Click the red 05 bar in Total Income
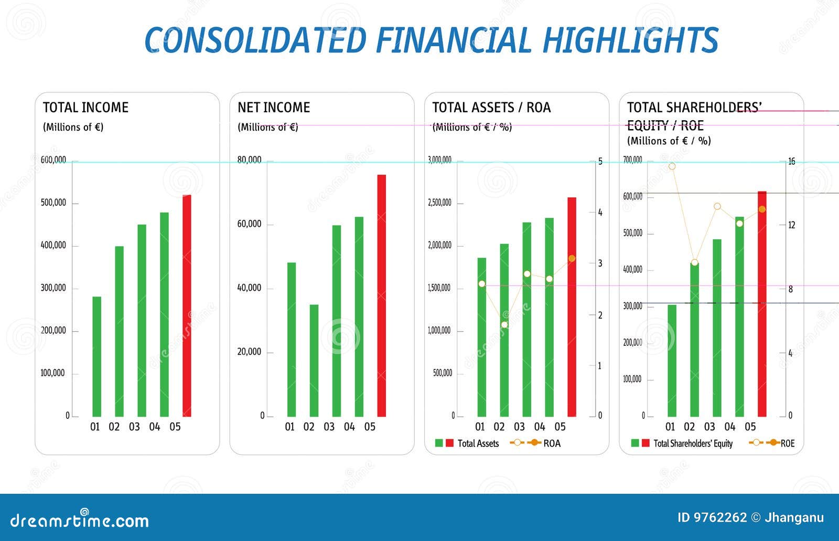click(187, 306)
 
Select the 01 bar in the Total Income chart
click(96, 357)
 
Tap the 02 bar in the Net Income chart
click(314, 360)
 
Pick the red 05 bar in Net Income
click(382, 295)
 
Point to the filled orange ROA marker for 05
click(572, 259)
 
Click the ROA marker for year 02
click(504, 325)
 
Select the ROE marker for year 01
click(672, 166)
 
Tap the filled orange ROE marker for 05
click(762, 209)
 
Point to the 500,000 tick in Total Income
click(53, 203)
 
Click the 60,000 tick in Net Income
click(249, 224)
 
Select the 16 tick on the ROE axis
click(791, 161)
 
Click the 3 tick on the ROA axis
click(600, 263)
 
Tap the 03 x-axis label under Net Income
click(329, 427)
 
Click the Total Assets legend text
click(478, 443)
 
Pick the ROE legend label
click(788, 443)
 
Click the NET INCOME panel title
click(274, 108)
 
